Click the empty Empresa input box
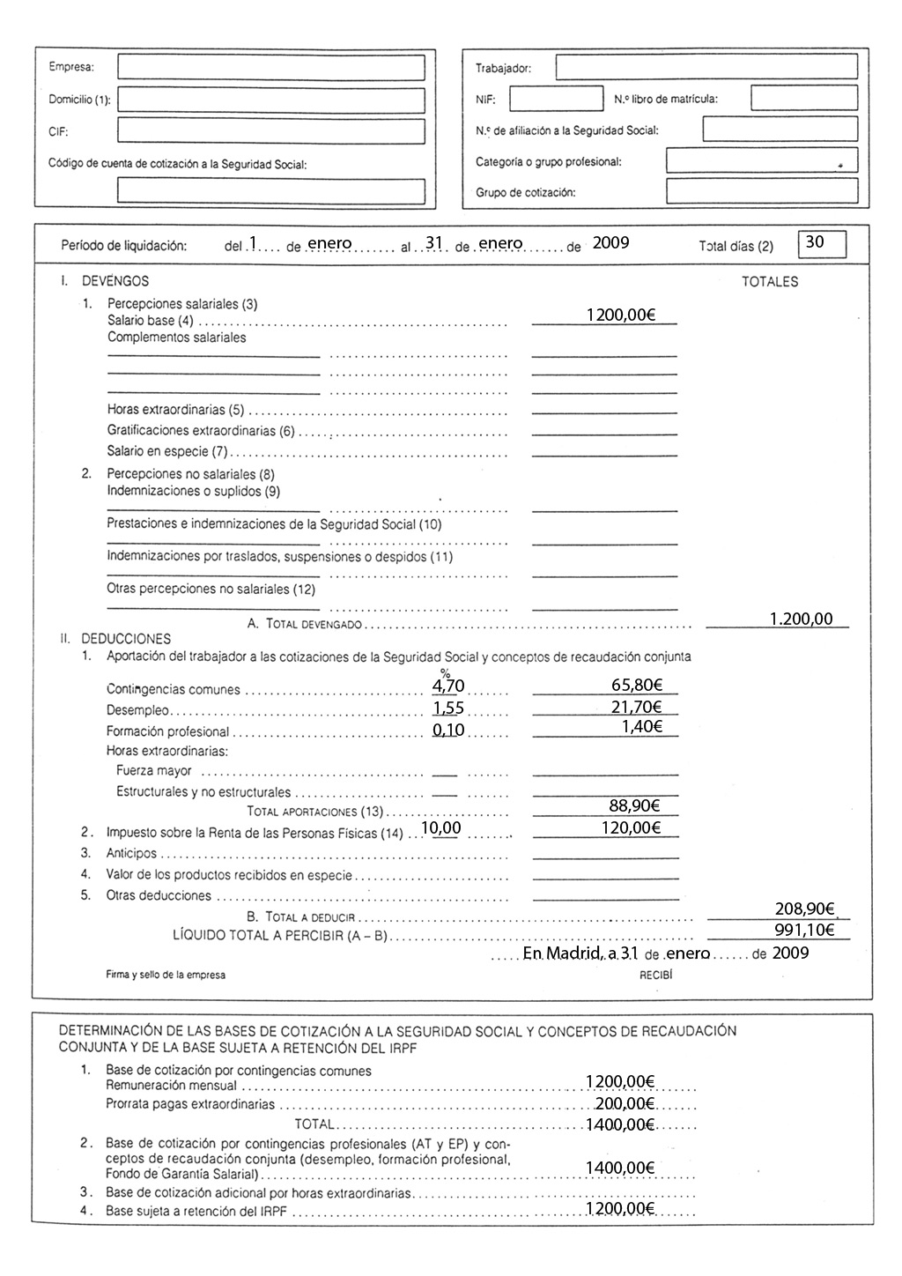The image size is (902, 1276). pyautogui.click(x=271, y=68)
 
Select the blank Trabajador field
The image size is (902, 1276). pyautogui.click(x=706, y=67)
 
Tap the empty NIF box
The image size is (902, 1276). pyautogui.click(x=556, y=99)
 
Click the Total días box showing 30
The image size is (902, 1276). pyautogui.click(x=821, y=243)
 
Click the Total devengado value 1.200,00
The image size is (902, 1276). pyautogui.click(x=801, y=619)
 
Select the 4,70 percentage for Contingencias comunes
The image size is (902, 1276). pyautogui.click(x=448, y=686)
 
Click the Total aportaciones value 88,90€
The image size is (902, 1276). pyautogui.click(x=633, y=805)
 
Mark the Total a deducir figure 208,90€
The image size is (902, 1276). pyautogui.click(x=804, y=909)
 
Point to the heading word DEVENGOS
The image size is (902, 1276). pyautogui.click(x=115, y=282)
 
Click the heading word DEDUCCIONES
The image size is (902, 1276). pyautogui.click(x=126, y=639)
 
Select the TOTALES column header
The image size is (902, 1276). pyautogui.click(x=770, y=283)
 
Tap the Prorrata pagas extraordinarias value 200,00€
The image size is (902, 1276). pyautogui.click(x=625, y=1104)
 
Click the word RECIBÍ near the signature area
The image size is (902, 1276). pyautogui.click(x=655, y=976)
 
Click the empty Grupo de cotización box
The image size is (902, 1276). pyautogui.click(x=761, y=191)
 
